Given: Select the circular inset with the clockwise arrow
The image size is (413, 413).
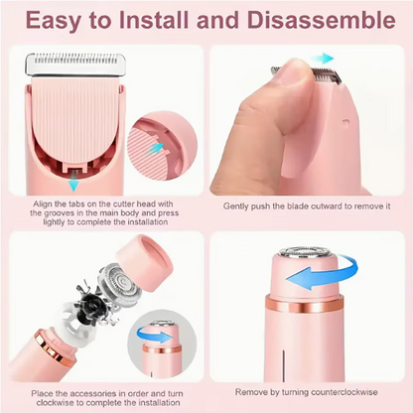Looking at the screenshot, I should [x=161, y=337].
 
